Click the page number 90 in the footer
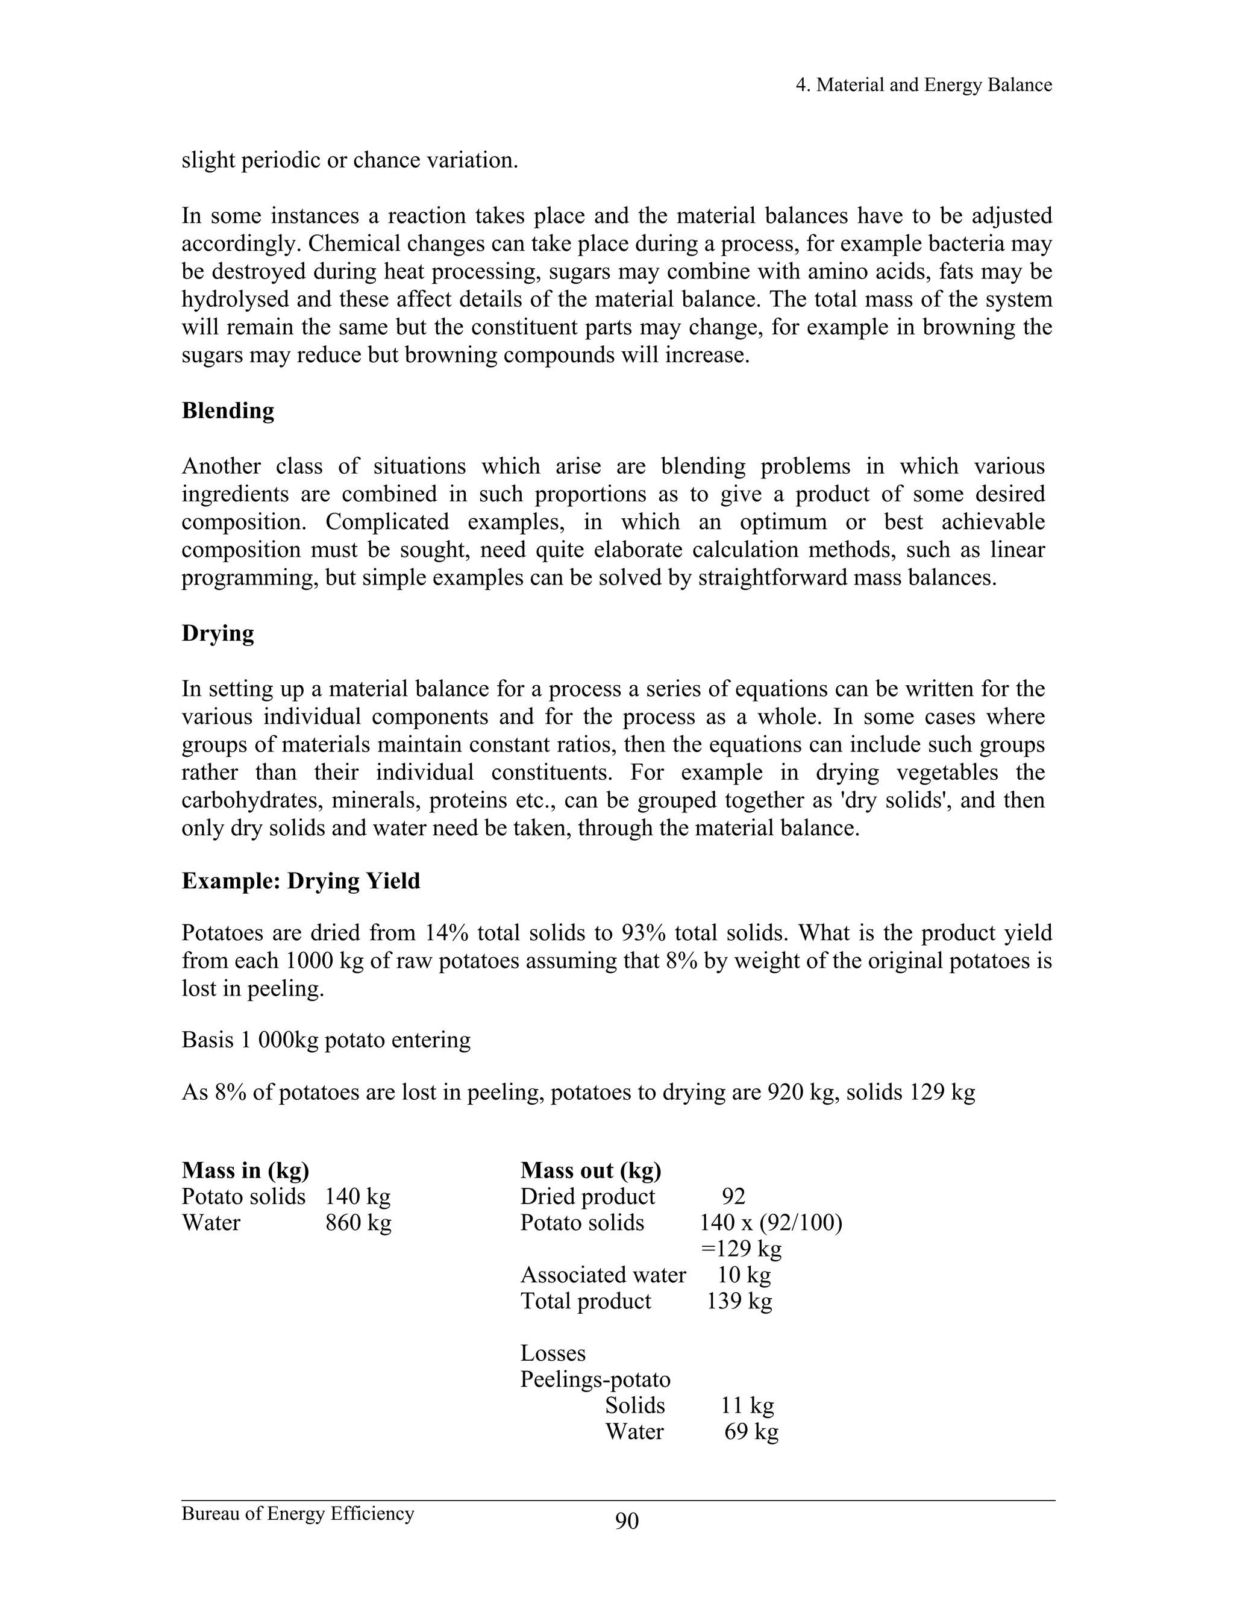(627, 1521)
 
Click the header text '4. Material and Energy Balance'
(923, 86)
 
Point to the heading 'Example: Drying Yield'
(301, 881)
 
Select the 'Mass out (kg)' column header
(590, 1171)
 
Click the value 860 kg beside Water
(359, 1223)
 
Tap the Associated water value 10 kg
(744, 1275)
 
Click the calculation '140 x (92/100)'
(771, 1223)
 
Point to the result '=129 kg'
(741, 1249)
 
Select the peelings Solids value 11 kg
(747, 1405)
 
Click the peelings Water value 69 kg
(751, 1432)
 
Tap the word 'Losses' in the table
(553, 1354)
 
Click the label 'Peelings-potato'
(595, 1380)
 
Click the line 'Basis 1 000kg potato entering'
(326, 1040)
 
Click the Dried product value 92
(733, 1197)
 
